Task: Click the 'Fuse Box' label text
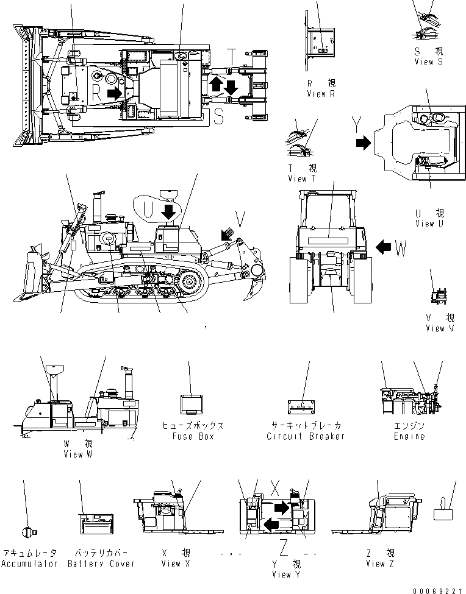tap(192, 436)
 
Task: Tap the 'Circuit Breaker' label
tap(306, 436)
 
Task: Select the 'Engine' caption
tap(409, 436)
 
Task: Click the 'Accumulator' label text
tap(29, 564)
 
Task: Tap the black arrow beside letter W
tap(384, 247)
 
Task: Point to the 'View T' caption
tap(302, 179)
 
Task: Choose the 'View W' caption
tap(77, 454)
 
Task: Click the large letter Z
tap(284, 543)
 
